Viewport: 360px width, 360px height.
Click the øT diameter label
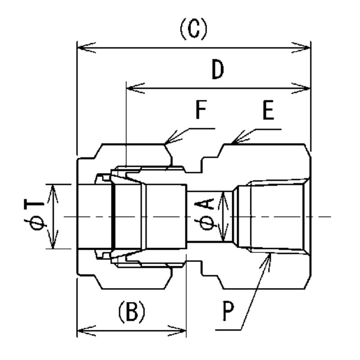pyautogui.click(x=35, y=216)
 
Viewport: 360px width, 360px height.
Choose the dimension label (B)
pyautogui.click(x=131, y=311)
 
